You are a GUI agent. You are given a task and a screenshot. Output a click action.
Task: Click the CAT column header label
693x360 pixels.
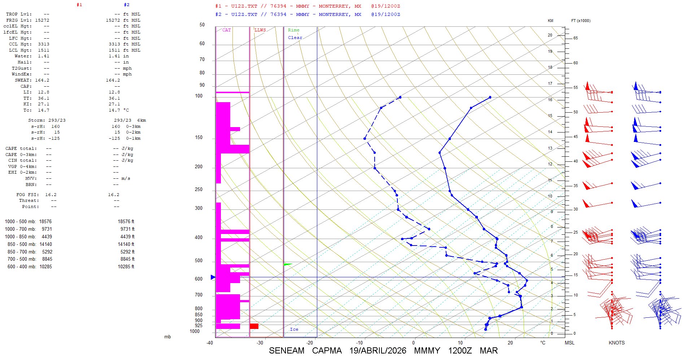pyautogui.click(x=226, y=30)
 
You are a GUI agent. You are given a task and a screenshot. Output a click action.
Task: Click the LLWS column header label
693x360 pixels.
pyautogui.click(x=260, y=30)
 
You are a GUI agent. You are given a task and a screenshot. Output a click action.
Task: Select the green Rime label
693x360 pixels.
pyautogui.click(x=293, y=30)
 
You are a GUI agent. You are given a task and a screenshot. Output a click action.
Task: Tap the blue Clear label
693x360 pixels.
pyautogui.click(x=295, y=38)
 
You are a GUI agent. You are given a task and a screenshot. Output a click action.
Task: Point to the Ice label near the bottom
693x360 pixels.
pyautogui.click(x=294, y=329)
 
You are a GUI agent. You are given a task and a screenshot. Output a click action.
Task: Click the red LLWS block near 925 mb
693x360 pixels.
pyautogui.click(x=254, y=326)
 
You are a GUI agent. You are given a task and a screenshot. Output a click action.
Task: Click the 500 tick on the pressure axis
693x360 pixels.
pyautogui.click(x=199, y=261)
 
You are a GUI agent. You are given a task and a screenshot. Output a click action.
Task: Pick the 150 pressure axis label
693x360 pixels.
pyautogui.click(x=199, y=138)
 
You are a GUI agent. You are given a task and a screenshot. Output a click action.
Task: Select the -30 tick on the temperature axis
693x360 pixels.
pyautogui.click(x=260, y=343)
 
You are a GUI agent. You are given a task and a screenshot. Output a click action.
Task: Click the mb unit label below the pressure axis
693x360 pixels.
pyautogui.click(x=167, y=337)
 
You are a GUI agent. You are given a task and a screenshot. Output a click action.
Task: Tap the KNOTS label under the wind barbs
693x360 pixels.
pyautogui.click(x=616, y=343)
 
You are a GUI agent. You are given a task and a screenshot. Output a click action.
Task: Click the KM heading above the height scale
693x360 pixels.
pyautogui.click(x=550, y=21)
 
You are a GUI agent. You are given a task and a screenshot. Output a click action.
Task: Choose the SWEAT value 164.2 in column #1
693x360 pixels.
pyautogui.click(x=42, y=80)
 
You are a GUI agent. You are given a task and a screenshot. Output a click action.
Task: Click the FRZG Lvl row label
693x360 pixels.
pyautogui.click(x=19, y=20)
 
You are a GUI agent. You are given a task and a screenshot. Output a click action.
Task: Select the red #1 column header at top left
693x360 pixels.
pyautogui.click(x=79, y=5)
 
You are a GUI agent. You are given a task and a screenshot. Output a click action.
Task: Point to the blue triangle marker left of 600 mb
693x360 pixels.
pyautogui.click(x=213, y=277)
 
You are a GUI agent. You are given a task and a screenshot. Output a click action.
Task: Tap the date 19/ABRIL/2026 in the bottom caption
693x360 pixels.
pyautogui.click(x=378, y=351)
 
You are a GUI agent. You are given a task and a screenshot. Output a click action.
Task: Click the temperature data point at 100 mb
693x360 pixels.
pyautogui.click(x=490, y=97)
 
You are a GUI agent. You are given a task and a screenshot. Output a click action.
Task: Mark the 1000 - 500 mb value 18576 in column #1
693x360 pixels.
pyautogui.click(x=45, y=222)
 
